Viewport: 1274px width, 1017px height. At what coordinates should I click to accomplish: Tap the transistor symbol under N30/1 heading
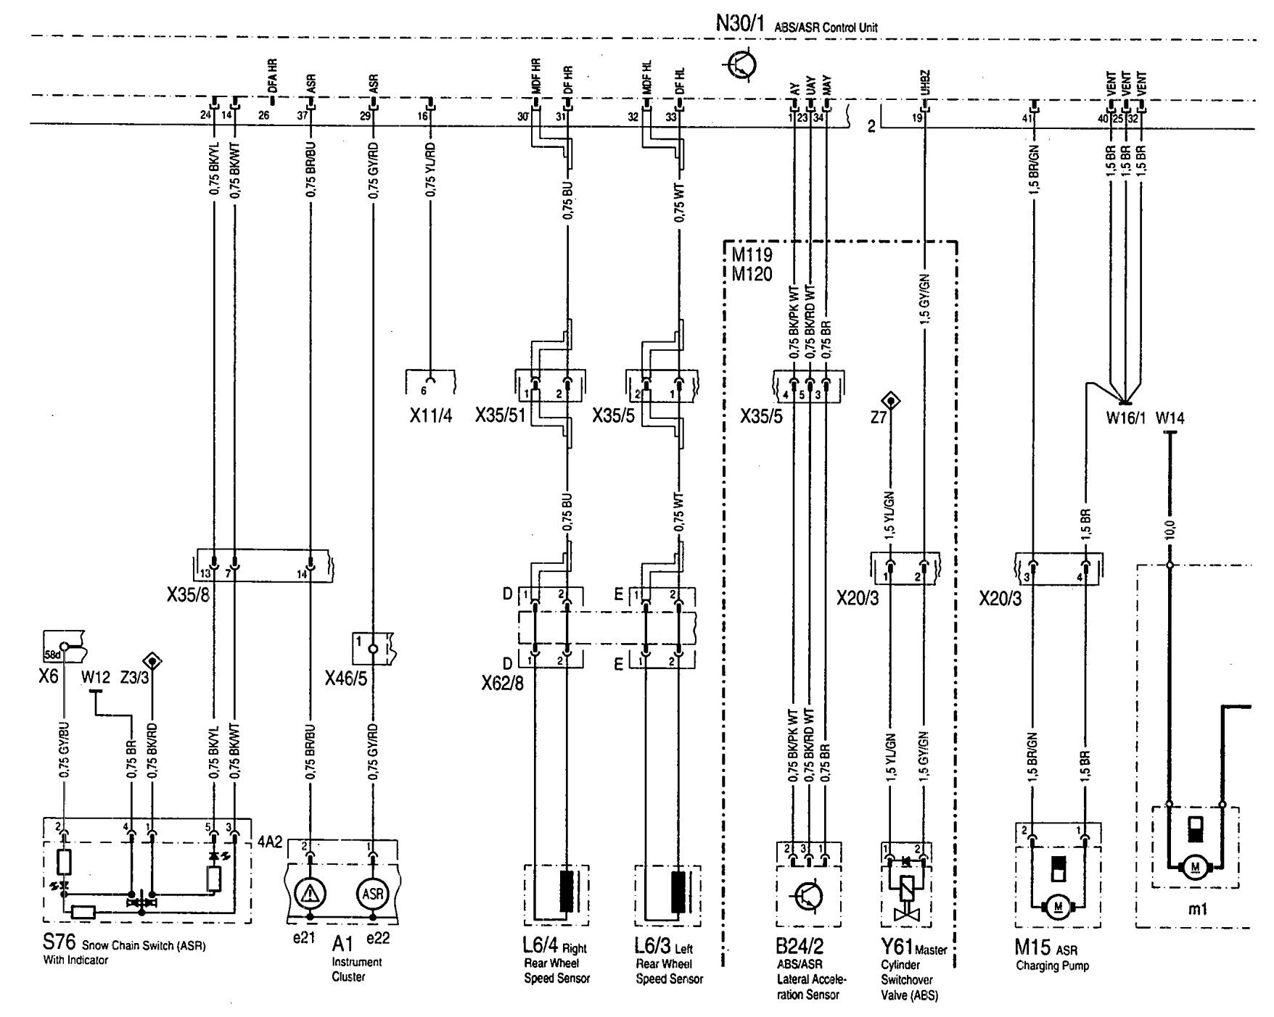tap(741, 65)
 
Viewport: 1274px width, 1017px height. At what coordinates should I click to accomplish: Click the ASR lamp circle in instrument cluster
tap(373, 893)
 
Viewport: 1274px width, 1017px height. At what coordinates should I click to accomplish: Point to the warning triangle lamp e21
tap(311, 893)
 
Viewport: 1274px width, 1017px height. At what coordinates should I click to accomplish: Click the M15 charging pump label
tap(1030, 947)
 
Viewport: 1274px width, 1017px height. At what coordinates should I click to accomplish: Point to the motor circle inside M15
tap(1057, 906)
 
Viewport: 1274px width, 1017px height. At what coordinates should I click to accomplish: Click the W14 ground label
tap(1170, 418)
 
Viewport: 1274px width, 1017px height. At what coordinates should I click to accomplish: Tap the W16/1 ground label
tap(1124, 418)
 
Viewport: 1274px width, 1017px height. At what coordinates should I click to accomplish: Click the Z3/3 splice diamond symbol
tap(152, 660)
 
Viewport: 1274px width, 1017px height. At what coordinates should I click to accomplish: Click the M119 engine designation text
tap(752, 256)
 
